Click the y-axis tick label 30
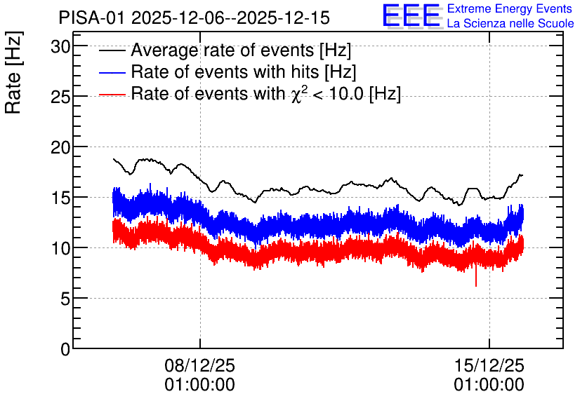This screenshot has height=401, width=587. coord(60,47)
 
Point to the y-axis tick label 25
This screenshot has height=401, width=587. coord(60,97)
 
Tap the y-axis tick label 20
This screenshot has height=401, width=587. coord(60,148)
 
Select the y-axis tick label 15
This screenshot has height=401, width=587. coord(60,198)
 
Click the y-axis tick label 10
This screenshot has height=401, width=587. coord(60,249)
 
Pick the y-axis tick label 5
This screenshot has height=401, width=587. coord(65,299)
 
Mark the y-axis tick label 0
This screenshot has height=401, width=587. coord(65,350)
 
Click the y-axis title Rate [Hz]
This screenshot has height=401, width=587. coord(13,72)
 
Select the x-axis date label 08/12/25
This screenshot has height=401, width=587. coord(199,365)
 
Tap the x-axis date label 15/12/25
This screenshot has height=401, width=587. coord(489,365)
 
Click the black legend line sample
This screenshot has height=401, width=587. coord(112,50)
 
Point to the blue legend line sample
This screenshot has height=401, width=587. coord(112,72)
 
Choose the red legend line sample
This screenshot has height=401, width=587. coord(112,94)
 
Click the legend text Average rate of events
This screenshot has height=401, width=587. coord(222,50)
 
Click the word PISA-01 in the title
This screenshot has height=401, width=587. coord(91,18)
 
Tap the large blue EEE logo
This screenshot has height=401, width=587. coord(411,16)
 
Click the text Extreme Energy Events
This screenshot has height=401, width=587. coord(510,8)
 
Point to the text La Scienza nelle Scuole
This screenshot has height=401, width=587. coord(510,24)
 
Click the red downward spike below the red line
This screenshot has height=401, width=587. coord(476,275)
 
